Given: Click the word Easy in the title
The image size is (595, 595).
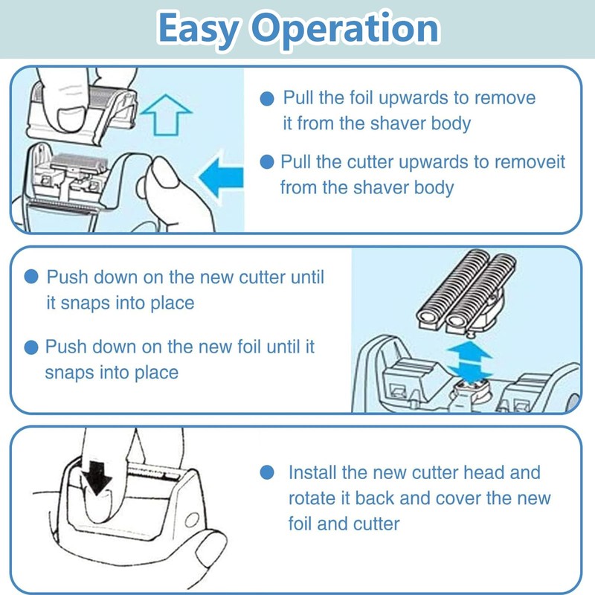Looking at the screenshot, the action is (x=198, y=29).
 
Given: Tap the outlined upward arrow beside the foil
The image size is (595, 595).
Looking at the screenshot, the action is (x=166, y=115).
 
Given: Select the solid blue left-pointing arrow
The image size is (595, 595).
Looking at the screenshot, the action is (x=221, y=177).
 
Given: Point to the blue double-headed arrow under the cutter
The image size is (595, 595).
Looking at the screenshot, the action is (x=469, y=362).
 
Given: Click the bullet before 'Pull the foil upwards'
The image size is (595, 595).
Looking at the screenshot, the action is (x=267, y=99).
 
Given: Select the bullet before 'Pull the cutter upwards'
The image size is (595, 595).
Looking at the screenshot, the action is (x=267, y=162).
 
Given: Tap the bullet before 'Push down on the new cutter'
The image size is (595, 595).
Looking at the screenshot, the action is (x=31, y=277).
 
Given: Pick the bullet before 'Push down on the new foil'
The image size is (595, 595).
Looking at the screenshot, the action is (x=31, y=347).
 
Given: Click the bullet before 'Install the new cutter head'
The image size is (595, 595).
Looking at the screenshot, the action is (x=267, y=472).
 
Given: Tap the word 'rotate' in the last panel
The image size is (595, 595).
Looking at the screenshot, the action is (x=312, y=498).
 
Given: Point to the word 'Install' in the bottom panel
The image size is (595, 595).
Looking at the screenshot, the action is (x=312, y=473).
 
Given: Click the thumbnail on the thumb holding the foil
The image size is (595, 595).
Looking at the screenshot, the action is (x=71, y=119).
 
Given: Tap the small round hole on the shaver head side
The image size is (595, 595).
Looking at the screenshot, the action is (x=192, y=520).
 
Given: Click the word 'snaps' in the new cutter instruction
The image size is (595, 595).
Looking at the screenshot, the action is (x=86, y=303).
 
